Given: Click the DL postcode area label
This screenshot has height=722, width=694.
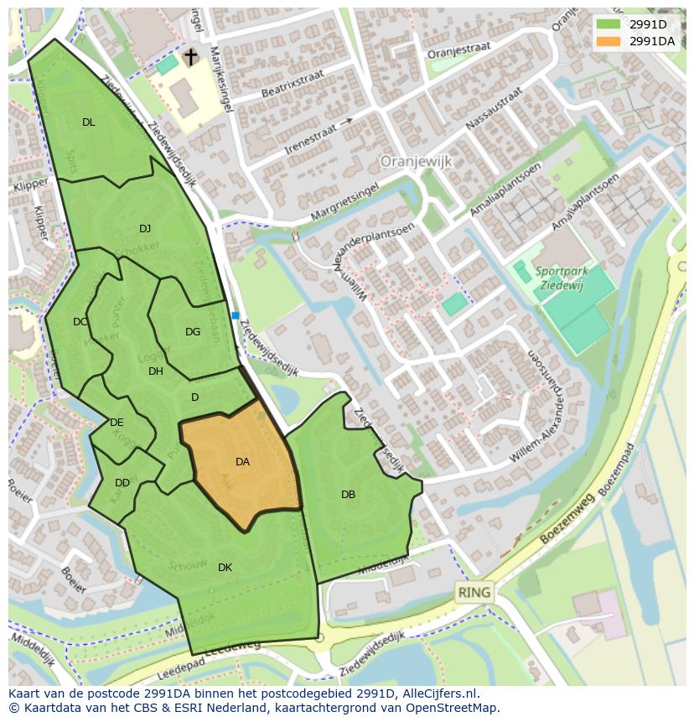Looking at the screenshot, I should pos(89,122).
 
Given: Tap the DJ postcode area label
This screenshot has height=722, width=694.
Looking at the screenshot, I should pos(145,229).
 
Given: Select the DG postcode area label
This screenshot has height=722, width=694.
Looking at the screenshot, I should pos(193,332).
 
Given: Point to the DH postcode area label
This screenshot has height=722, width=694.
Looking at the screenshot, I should pos(156,371).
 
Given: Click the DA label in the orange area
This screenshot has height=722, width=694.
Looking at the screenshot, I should pos(242,462).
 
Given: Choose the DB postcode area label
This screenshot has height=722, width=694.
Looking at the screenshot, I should pos(348,495).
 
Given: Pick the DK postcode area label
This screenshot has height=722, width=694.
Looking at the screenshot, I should pos(225,568).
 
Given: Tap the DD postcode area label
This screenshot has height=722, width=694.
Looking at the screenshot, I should pos(122,483).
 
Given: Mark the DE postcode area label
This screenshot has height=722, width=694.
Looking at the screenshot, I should pos(117,423).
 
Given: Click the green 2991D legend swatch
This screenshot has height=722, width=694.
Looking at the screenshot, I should pos(608,24).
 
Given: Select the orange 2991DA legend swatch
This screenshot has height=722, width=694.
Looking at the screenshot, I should pos(608,40).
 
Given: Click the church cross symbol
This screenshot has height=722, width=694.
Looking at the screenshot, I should pos(190,57).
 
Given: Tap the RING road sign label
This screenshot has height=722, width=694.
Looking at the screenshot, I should pos(474,593).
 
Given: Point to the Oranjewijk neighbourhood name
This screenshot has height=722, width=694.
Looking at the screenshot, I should pos(416,160).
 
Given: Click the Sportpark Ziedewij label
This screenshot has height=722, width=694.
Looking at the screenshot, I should pos(562,278).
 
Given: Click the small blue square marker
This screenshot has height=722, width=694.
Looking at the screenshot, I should pos(236,315).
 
